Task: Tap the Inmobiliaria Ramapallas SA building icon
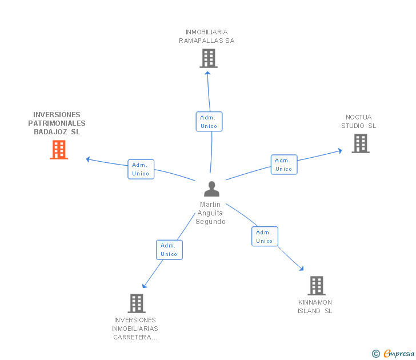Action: [x=209, y=58]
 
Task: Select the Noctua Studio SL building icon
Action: [x=361, y=143]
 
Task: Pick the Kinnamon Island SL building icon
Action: [x=317, y=285]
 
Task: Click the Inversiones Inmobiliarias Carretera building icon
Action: [x=136, y=303]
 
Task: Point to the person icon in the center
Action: [x=211, y=189]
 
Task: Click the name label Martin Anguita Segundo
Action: [x=211, y=213]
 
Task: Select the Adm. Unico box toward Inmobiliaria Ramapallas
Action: [x=209, y=121]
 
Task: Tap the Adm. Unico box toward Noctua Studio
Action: [x=284, y=164]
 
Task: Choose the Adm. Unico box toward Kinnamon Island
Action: [x=265, y=236]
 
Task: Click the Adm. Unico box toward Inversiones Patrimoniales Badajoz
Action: [x=141, y=169]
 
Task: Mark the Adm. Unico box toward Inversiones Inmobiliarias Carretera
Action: [x=169, y=250]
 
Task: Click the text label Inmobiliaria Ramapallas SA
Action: [x=207, y=37]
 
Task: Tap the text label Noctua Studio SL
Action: [x=359, y=122]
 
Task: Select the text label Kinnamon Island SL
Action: [x=315, y=307]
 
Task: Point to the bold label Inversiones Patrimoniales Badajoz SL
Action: [x=57, y=123]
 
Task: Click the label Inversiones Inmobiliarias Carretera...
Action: [x=135, y=329]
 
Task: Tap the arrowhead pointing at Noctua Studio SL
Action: [x=339, y=151]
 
